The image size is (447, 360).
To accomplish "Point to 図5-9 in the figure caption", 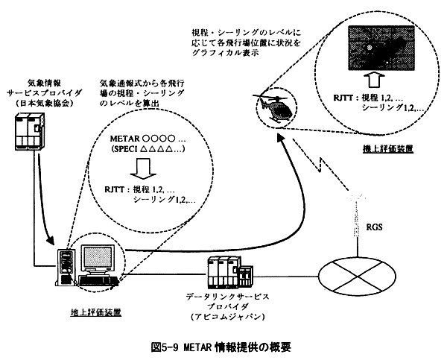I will click(x=167, y=346).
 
